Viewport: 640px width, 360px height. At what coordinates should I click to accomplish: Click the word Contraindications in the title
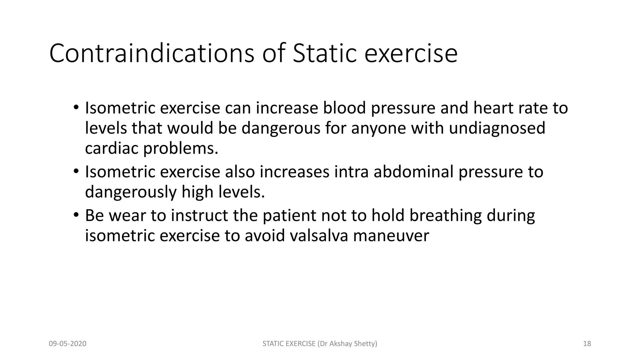click(152, 53)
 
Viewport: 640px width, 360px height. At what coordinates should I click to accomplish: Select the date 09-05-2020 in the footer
click(67, 344)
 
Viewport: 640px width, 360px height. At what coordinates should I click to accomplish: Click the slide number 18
click(587, 344)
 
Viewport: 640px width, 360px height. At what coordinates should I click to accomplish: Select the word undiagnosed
click(497, 128)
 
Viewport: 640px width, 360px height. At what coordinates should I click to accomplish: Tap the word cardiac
click(112, 148)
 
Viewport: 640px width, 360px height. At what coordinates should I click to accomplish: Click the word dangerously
click(131, 192)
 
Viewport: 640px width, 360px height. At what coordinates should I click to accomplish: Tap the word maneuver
click(391, 236)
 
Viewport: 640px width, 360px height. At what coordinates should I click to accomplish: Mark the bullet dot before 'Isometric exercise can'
click(76, 107)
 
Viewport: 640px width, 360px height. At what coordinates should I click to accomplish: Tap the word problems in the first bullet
click(180, 148)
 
